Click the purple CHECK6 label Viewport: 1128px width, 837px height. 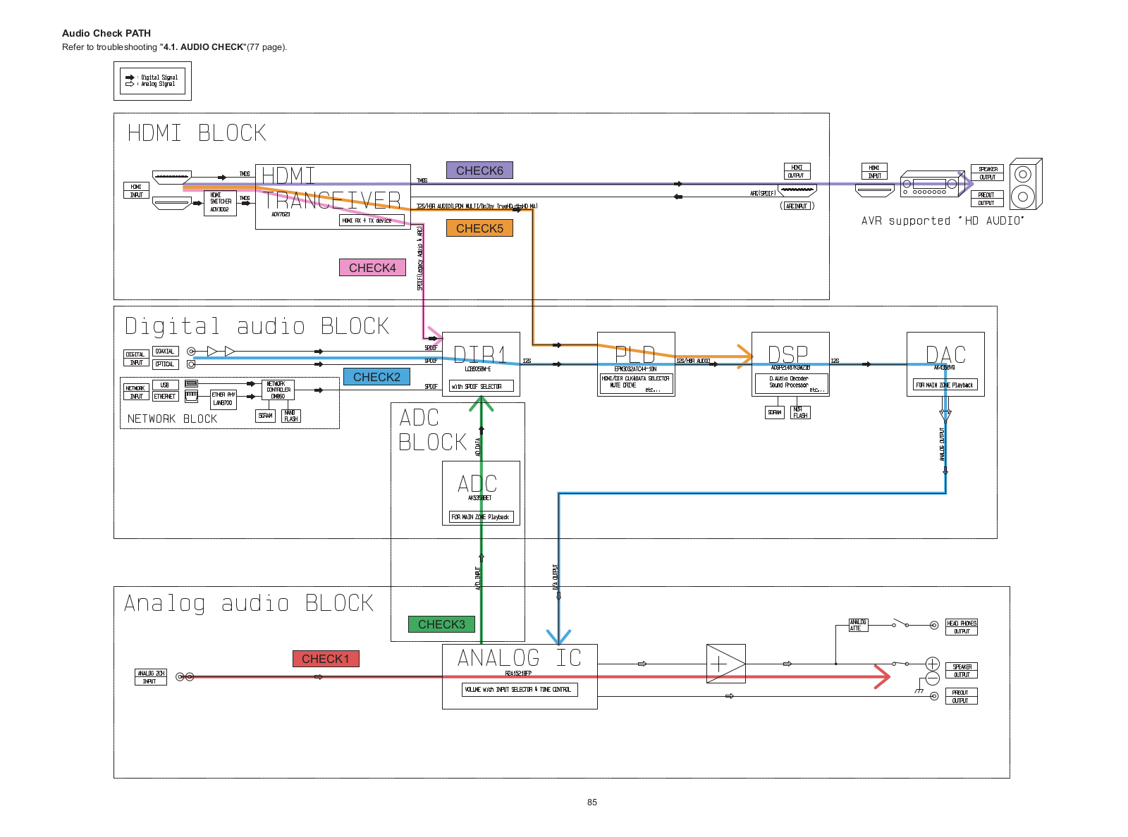479,170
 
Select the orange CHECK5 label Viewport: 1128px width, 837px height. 479,228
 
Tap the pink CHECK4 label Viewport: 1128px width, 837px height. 372,268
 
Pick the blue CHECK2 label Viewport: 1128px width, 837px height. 376,377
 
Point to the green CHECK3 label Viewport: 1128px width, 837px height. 441,624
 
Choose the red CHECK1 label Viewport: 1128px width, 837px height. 326,659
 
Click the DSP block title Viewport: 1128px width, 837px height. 787,354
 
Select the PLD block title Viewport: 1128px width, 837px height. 634,354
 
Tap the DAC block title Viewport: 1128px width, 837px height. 945,354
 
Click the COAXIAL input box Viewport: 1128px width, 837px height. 165,351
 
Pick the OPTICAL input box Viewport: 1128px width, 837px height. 165,364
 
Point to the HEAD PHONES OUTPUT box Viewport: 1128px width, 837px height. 962,627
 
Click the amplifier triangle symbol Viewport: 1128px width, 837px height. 725,664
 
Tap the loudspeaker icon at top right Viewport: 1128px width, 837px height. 1024,184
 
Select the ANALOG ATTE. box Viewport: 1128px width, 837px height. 858,625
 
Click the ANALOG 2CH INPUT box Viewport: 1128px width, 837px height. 150,677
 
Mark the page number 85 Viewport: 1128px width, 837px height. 592,802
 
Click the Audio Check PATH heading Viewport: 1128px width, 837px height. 106,33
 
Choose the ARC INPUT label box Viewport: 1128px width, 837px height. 797,206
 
